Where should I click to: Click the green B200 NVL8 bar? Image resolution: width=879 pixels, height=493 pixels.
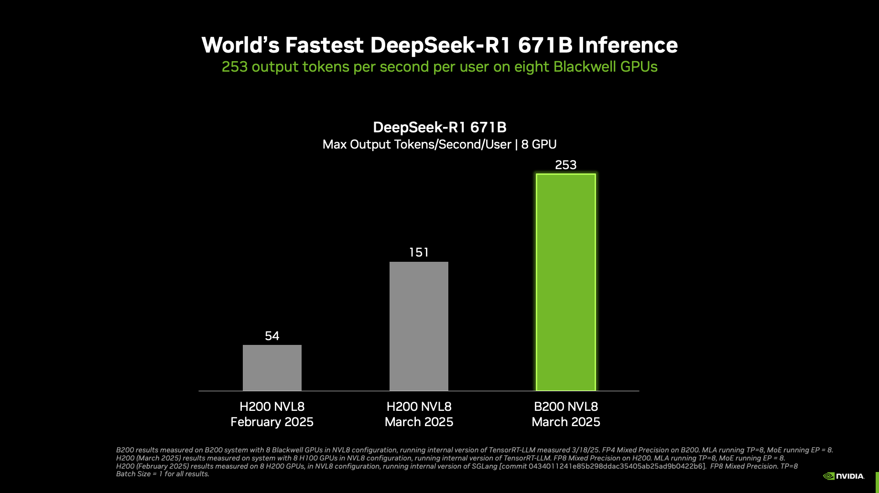tap(565, 282)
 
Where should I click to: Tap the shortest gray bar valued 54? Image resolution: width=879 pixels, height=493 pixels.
tap(272, 367)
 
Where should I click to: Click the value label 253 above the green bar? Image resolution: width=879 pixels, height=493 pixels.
tap(565, 165)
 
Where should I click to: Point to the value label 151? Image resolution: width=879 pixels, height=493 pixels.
tap(419, 252)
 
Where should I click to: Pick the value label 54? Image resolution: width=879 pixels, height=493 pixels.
tap(272, 336)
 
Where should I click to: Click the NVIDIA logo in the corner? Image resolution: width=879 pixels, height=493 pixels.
tap(844, 476)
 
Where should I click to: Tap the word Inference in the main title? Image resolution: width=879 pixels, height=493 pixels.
tap(628, 45)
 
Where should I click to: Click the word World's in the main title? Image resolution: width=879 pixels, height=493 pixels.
tap(240, 45)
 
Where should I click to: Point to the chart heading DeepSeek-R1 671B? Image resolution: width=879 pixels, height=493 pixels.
tap(439, 127)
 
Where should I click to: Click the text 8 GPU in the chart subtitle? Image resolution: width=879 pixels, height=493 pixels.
tap(539, 144)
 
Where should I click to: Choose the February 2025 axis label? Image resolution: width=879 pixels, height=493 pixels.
tap(272, 422)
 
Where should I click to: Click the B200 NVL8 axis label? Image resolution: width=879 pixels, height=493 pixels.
tap(565, 407)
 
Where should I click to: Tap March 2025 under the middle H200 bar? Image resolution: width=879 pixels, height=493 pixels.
tap(419, 422)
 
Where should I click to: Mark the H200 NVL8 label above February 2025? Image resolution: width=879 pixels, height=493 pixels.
tap(272, 407)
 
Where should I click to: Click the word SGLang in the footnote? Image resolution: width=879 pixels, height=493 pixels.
tap(484, 466)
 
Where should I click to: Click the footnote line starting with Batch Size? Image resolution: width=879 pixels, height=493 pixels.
tap(163, 474)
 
